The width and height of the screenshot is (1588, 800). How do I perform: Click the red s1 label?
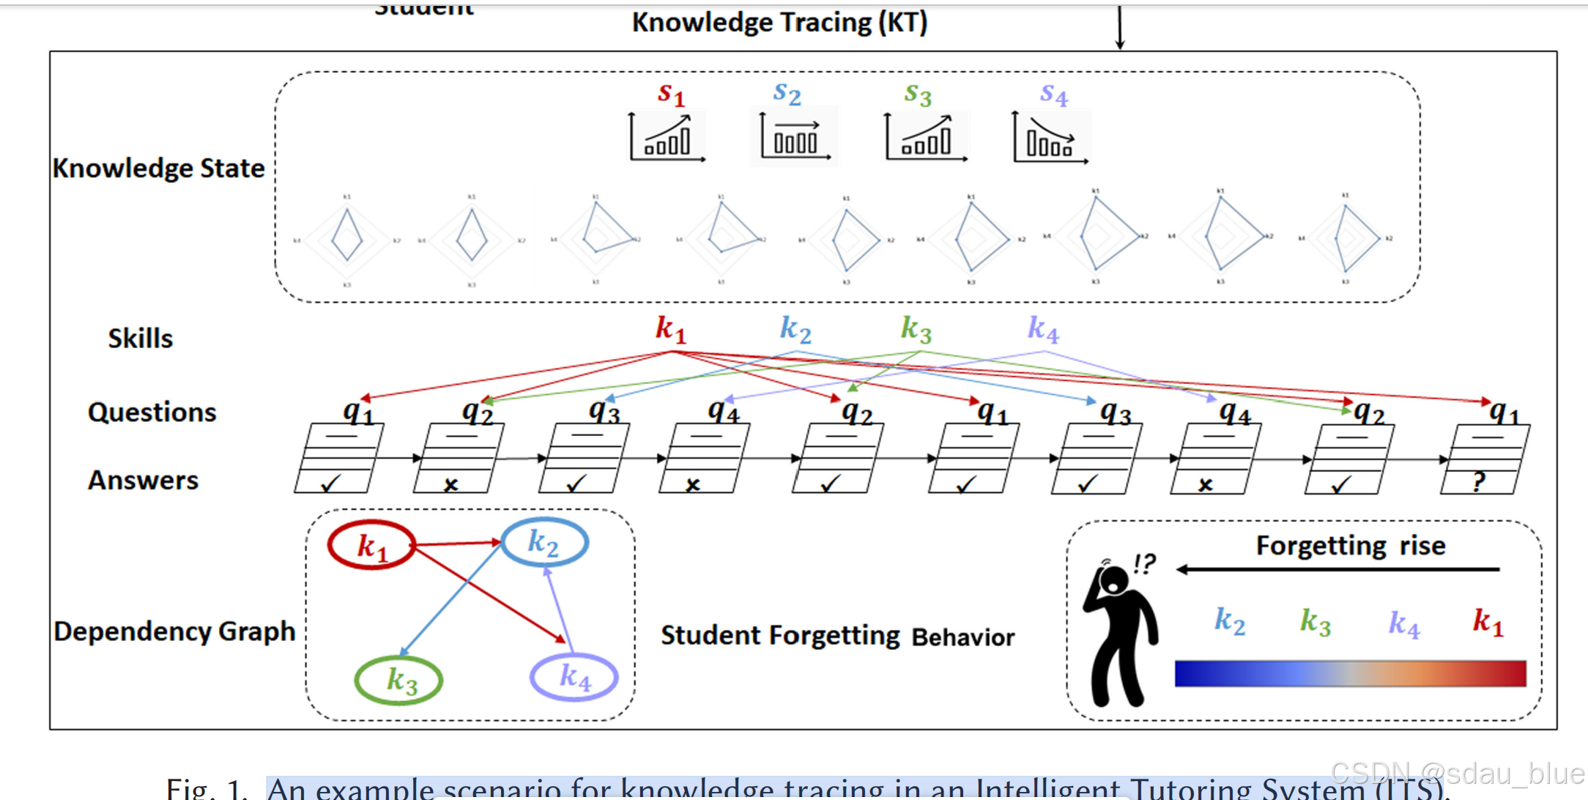pos(670,95)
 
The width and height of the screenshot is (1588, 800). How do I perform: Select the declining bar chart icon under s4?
pos(1050,138)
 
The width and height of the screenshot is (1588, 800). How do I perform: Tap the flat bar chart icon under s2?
pos(795,138)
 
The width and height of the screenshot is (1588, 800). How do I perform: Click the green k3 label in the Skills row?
pos(916,329)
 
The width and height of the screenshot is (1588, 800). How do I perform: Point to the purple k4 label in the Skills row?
pos(1043,329)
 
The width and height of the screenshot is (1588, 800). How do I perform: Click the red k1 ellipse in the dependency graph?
pos(371,545)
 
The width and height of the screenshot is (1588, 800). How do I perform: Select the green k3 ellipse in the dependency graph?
pos(398,680)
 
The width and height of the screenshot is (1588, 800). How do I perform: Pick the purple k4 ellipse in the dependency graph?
pos(574,677)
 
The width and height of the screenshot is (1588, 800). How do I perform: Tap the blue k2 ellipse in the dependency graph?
pos(543,543)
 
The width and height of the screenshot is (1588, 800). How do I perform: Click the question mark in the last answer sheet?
pos(1479,482)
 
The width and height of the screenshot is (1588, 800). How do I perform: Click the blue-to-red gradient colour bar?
pos(1350,673)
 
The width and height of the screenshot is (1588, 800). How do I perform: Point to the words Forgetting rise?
pos(1350,546)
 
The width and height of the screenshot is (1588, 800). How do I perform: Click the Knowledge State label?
pos(158,168)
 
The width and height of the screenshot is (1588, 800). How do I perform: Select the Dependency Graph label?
pos(174,632)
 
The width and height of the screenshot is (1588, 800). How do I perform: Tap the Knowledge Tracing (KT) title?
pos(779,23)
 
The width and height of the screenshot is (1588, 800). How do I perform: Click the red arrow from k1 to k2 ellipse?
pos(458,544)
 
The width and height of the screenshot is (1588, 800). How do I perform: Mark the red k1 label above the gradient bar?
pos(1488,622)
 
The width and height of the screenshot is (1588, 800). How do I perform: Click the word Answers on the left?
pos(144,481)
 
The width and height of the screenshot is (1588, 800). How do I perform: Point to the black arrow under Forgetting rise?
pos(1337,569)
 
